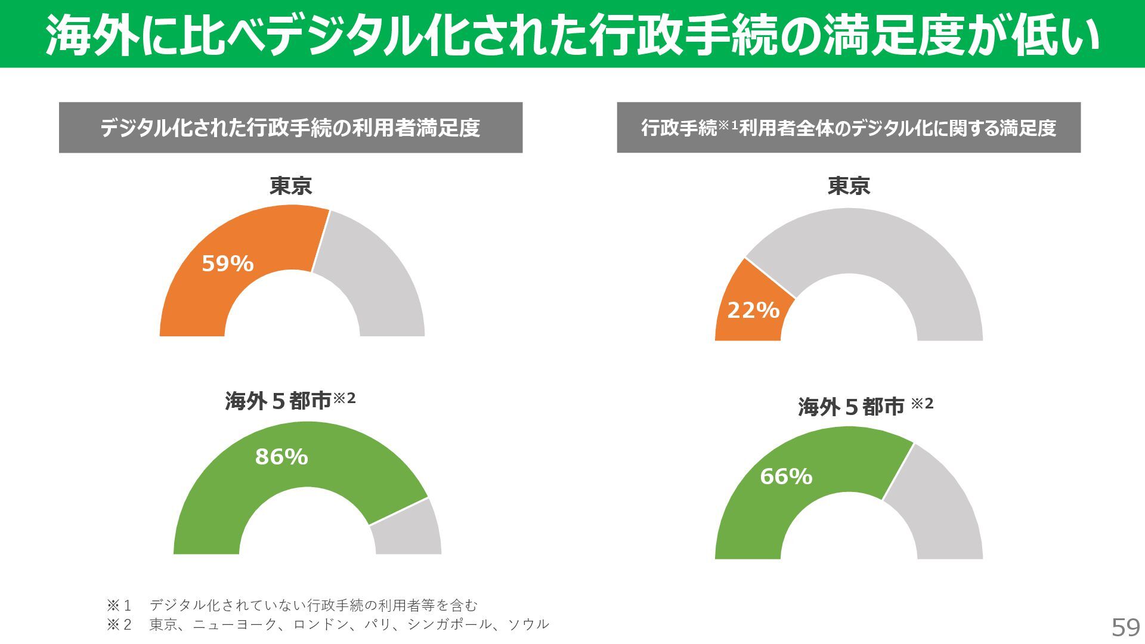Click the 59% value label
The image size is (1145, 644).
[228, 264]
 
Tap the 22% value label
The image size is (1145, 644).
[753, 310]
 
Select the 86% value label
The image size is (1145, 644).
[281, 457]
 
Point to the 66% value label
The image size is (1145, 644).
[786, 476]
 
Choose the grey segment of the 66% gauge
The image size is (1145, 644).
[936, 507]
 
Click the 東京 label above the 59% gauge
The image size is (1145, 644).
[290, 186]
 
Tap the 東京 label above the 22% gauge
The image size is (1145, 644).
[849, 186]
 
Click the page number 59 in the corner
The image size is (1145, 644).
[1125, 627]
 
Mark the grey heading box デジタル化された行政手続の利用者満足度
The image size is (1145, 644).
[290, 128]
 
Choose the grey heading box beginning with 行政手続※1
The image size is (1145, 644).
[849, 128]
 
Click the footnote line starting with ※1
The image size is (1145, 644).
[292, 605]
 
